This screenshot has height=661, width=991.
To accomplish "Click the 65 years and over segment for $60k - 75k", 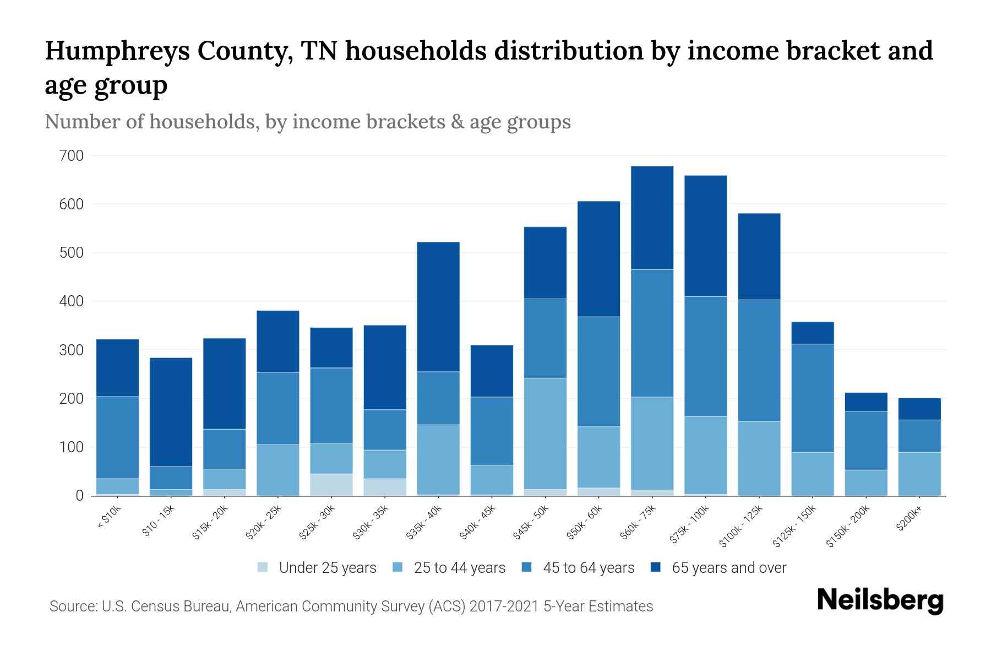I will (652, 218).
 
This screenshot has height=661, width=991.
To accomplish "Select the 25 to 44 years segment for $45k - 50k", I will (545, 434).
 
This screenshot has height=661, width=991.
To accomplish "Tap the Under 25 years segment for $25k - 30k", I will (331, 484).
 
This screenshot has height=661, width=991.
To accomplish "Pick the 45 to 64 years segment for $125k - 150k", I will (812, 398).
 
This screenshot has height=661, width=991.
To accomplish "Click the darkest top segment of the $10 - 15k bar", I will (171, 412).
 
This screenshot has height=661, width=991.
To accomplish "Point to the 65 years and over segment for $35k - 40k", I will (438, 307).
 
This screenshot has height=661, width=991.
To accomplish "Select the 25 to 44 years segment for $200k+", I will (919, 474).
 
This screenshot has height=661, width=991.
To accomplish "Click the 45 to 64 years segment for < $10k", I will (117, 437).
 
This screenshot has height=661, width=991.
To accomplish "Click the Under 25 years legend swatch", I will (263, 567).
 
